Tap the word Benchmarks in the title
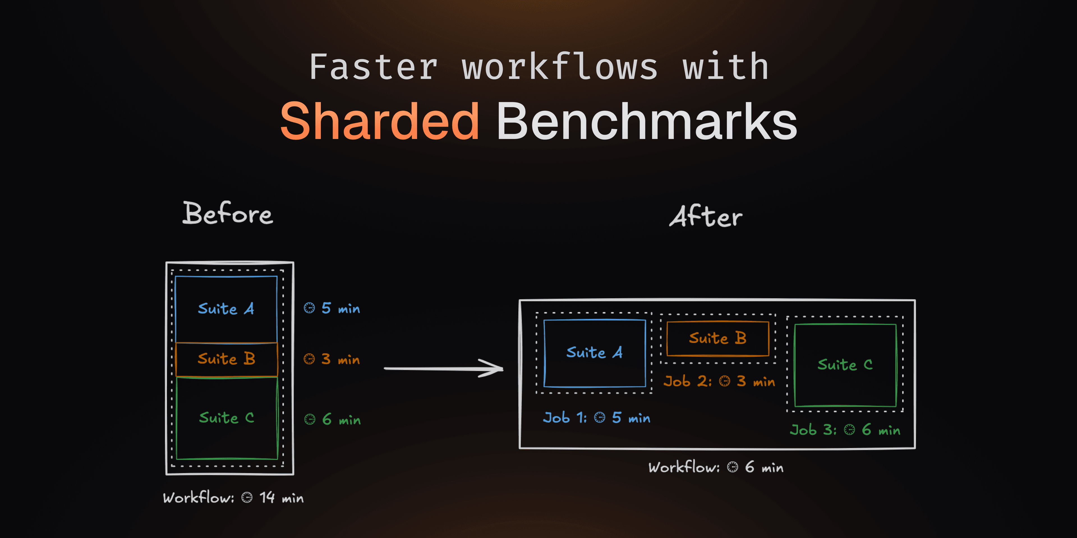coord(646,122)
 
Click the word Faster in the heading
coord(373,67)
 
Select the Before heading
coord(228,214)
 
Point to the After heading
coord(706,216)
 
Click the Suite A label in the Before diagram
coord(226,309)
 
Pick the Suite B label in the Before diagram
coord(226,359)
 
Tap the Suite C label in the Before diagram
coord(226,418)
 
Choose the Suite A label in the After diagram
coord(594,353)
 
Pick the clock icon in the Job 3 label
coord(849,430)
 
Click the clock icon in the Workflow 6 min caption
coord(733,467)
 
